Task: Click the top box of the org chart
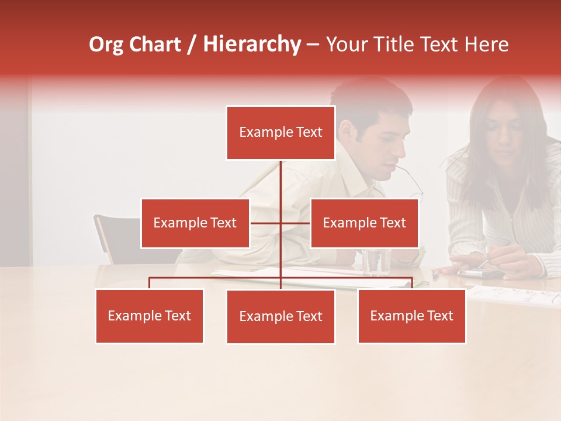[280, 133]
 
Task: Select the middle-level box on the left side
[195, 223]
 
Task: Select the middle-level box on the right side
[364, 223]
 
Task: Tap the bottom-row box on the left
[149, 316]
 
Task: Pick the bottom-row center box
[280, 316]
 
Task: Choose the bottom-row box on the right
[411, 316]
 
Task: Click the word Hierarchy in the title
[252, 44]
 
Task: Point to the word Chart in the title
[155, 44]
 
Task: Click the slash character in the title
[192, 44]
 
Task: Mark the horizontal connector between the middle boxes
[280, 223]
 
